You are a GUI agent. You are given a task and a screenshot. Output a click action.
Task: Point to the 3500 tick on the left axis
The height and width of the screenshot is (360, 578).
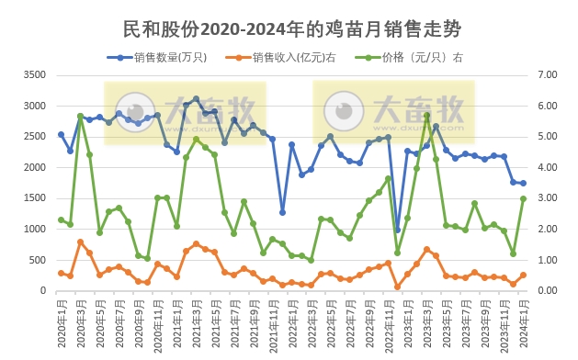coord(34,74)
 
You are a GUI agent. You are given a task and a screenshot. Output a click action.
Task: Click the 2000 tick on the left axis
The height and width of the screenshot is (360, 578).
coord(34,167)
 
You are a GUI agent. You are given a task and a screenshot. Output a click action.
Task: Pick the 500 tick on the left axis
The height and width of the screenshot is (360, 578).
coord(37,260)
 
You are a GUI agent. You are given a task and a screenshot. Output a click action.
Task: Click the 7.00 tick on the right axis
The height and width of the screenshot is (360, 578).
coord(547,74)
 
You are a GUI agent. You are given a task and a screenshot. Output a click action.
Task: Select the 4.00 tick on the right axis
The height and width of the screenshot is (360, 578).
coord(547,167)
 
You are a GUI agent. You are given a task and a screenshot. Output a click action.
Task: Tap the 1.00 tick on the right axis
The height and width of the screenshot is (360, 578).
coord(547,260)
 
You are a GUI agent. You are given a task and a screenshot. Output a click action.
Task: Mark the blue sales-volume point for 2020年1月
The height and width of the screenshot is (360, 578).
coord(61,134)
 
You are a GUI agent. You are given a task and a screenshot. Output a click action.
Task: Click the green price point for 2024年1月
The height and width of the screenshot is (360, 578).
coord(523,198)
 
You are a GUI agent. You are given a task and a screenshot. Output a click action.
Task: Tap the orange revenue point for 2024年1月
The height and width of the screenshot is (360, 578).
coord(523,275)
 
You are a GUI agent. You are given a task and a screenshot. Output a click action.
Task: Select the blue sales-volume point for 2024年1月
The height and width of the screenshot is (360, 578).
coord(523,184)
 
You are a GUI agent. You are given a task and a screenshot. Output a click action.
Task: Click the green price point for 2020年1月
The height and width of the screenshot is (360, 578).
coord(61,219)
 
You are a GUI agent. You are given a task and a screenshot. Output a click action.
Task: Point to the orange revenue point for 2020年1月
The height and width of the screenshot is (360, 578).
coord(61,273)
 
